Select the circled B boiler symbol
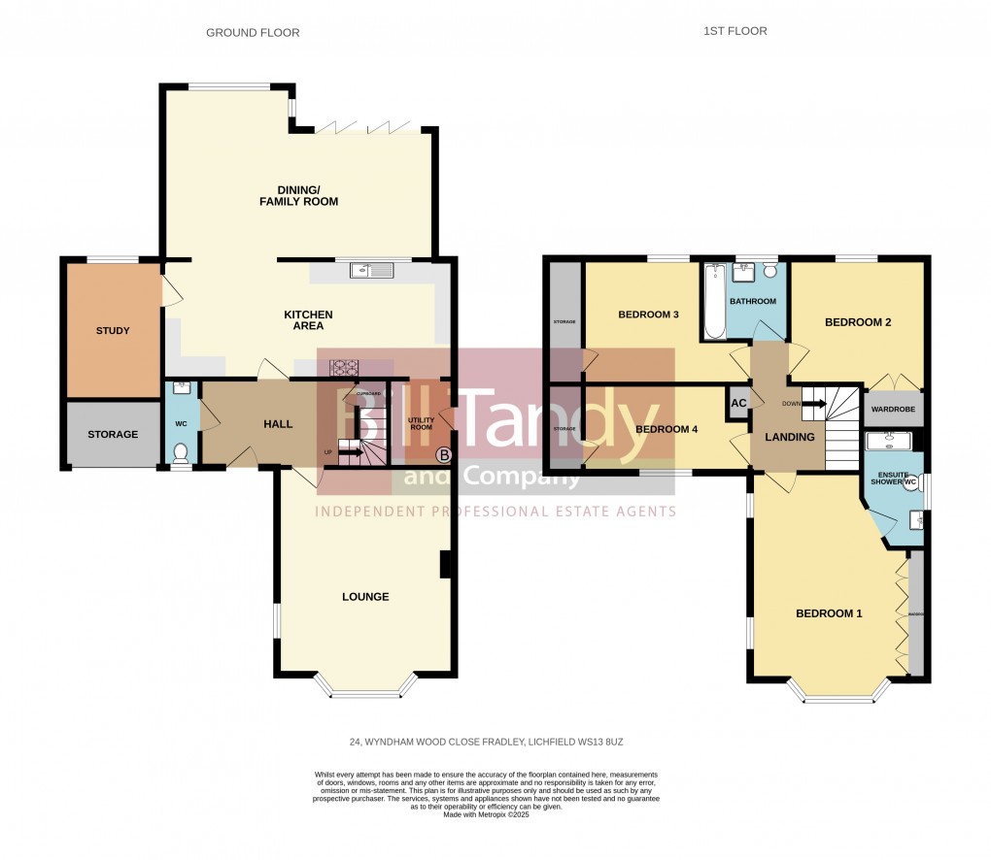pyautogui.click(x=443, y=454)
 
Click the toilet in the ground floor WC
pyautogui.click(x=180, y=453)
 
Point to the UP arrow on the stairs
pyautogui.click(x=351, y=451)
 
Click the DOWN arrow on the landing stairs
pyautogui.click(x=807, y=403)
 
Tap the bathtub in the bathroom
pyautogui.click(x=714, y=302)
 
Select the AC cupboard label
pyautogui.click(x=738, y=403)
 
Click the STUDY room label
pyautogui.click(x=113, y=331)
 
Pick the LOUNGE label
pyautogui.click(x=365, y=597)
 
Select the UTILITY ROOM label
pyautogui.click(x=420, y=423)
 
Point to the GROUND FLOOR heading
pyautogui.click(x=253, y=33)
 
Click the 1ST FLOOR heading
pyautogui.click(x=735, y=31)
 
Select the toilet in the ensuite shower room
pyautogui.click(x=911, y=485)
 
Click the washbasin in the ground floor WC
pyautogui.click(x=180, y=387)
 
